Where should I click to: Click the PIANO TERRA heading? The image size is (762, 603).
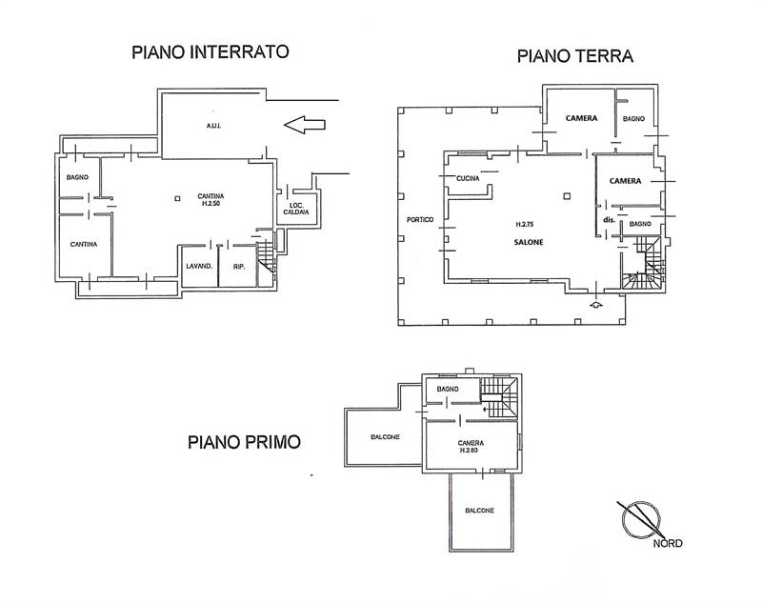click(x=575, y=56)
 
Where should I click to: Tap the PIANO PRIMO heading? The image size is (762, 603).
click(x=244, y=442)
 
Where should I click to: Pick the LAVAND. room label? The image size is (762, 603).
click(x=198, y=266)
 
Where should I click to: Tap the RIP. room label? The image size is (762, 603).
click(x=239, y=266)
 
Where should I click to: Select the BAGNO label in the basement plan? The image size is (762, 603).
click(x=78, y=178)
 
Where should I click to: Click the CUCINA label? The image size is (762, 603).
click(x=467, y=179)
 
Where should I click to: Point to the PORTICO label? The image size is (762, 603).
click(x=419, y=220)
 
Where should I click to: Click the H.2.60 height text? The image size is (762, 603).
click(x=470, y=451)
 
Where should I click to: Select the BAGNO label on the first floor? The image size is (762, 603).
click(x=448, y=390)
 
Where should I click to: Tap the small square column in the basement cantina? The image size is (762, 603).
click(x=178, y=198)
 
